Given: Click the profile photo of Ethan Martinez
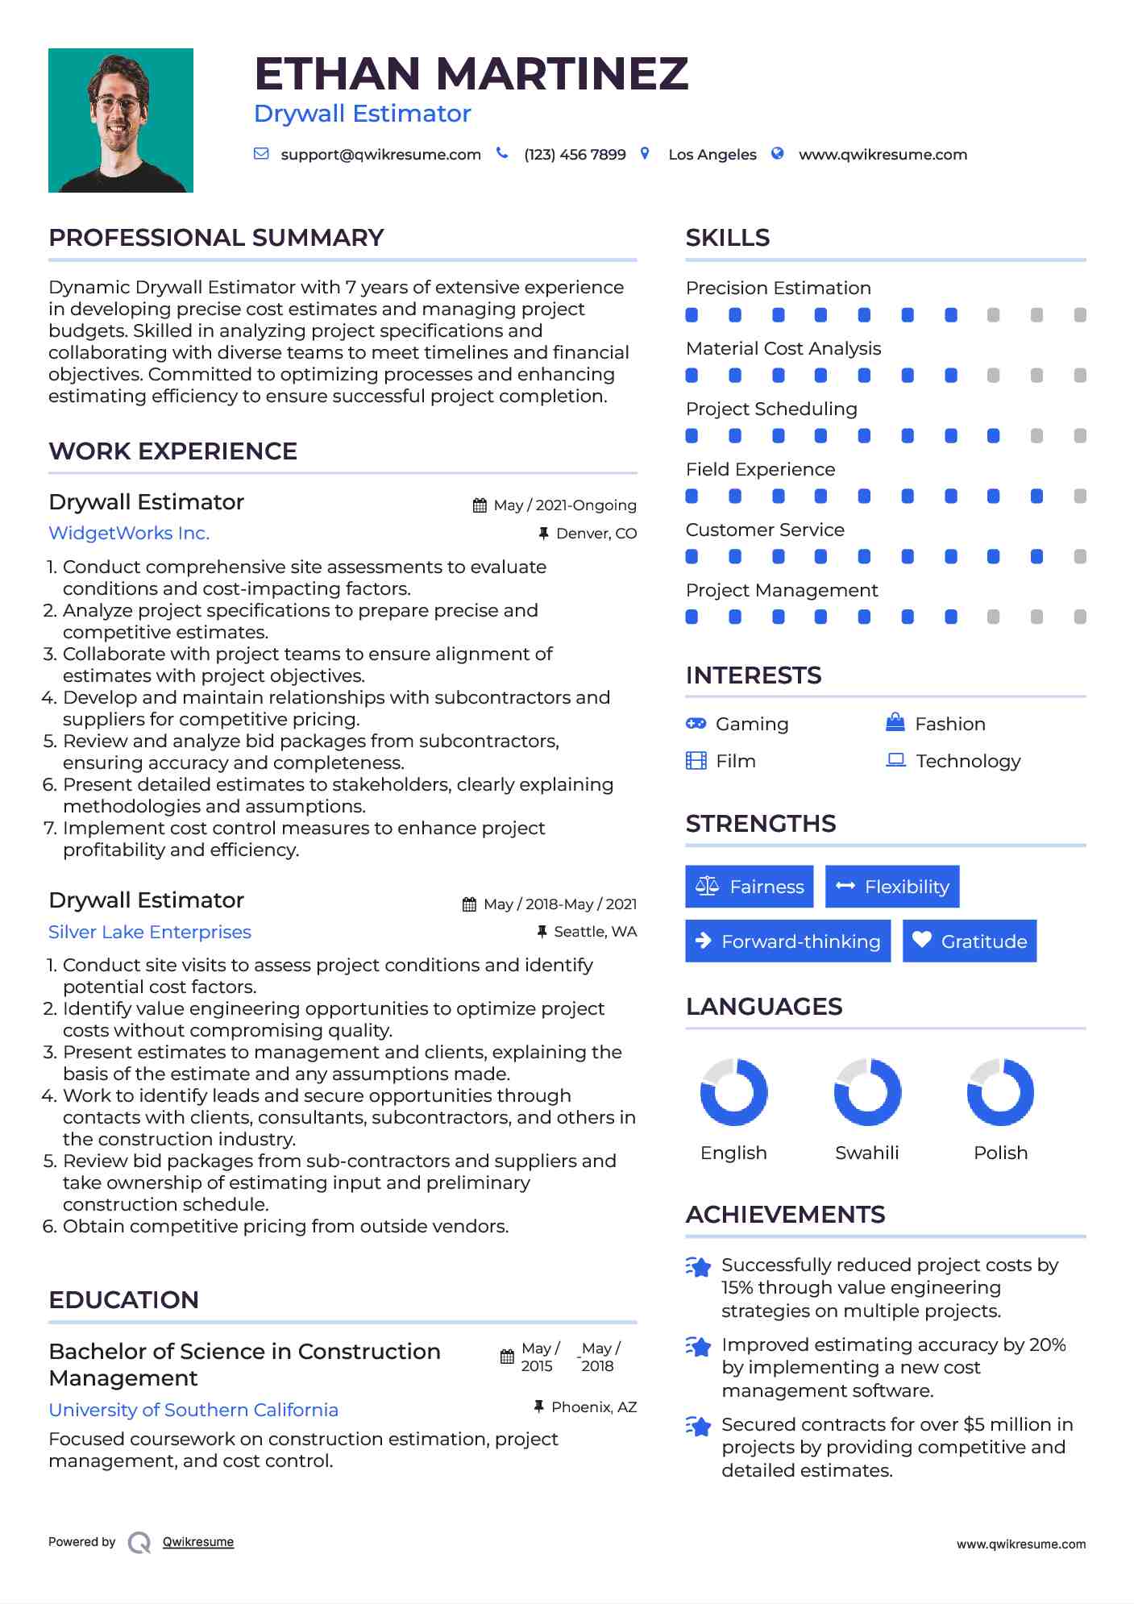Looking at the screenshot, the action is (x=121, y=120).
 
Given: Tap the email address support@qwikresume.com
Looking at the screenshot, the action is (x=380, y=155).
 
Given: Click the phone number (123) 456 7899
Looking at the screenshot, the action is (x=575, y=155).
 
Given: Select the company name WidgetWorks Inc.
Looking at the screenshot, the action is (x=129, y=533).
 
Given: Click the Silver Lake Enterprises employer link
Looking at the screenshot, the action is (x=150, y=932).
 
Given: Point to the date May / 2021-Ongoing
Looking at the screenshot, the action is (x=564, y=505).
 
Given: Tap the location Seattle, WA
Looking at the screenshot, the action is (x=595, y=932).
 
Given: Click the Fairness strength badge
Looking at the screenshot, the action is (x=750, y=887).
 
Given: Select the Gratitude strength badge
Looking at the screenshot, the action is (x=970, y=941).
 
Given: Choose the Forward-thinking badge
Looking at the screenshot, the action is (x=787, y=941).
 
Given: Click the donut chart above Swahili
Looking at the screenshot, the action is (x=867, y=1092).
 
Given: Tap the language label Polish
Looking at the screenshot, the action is (x=1000, y=1153).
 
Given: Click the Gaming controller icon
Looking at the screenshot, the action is (x=696, y=724).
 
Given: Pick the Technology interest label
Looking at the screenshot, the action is (x=968, y=761).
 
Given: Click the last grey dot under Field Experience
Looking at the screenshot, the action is (x=1080, y=497).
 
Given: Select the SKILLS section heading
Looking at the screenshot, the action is (x=728, y=238).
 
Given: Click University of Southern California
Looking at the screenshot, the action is (x=193, y=1410).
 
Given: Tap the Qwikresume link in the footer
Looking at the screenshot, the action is (x=198, y=1542).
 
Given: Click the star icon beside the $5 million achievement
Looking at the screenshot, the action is (x=699, y=1426).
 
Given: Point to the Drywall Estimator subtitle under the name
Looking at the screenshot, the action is (x=363, y=114).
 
